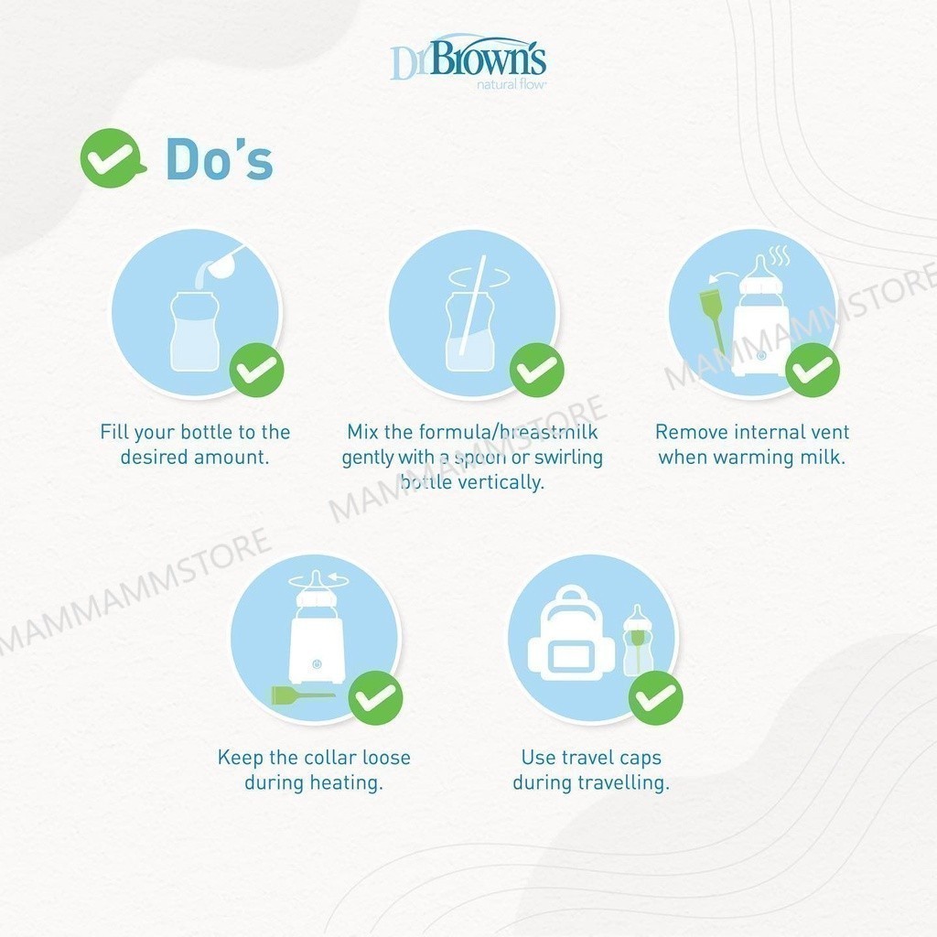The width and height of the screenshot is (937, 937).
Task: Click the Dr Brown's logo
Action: (x=468, y=61)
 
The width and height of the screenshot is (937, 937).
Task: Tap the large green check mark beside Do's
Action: (x=112, y=157)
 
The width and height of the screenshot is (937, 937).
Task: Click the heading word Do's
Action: (x=220, y=159)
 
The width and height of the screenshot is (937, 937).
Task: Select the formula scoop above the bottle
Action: (x=223, y=264)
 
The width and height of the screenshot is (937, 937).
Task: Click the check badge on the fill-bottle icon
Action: (x=257, y=370)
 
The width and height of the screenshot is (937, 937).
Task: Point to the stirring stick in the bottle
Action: (x=472, y=306)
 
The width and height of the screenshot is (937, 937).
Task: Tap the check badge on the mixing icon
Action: (x=536, y=370)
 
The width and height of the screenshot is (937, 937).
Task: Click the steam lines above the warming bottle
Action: (x=779, y=255)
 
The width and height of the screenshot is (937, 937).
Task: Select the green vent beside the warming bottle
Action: (x=713, y=323)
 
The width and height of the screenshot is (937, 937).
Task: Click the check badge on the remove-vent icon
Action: (x=813, y=370)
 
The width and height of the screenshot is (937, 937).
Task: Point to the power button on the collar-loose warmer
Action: (x=317, y=664)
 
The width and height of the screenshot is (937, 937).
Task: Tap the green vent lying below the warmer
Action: (x=303, y=695)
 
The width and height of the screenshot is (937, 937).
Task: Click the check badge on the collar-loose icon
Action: (x=375, y=697)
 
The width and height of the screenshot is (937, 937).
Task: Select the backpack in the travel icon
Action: (x=571, y=633)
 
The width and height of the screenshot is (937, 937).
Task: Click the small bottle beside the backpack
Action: (x=638, y=641)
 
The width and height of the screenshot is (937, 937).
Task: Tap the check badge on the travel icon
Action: (x=655, y=697)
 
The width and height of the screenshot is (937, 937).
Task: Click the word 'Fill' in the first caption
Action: (x=113, y=432)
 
